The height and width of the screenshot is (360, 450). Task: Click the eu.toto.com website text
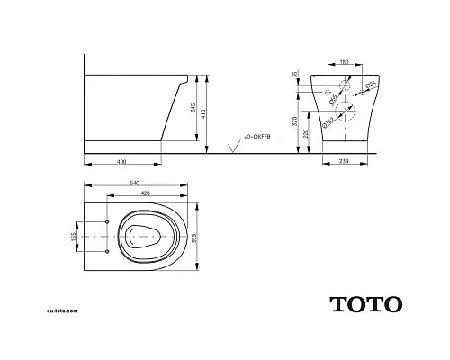click(x=62, y=310)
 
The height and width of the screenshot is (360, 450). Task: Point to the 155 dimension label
click(x=75, y=236)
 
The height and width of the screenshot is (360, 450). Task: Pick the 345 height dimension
click(x=192, y=110)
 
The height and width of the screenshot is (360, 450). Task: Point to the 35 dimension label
click(x=295, y=76)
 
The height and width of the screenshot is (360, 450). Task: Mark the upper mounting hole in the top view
click(x=107, y=220)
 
